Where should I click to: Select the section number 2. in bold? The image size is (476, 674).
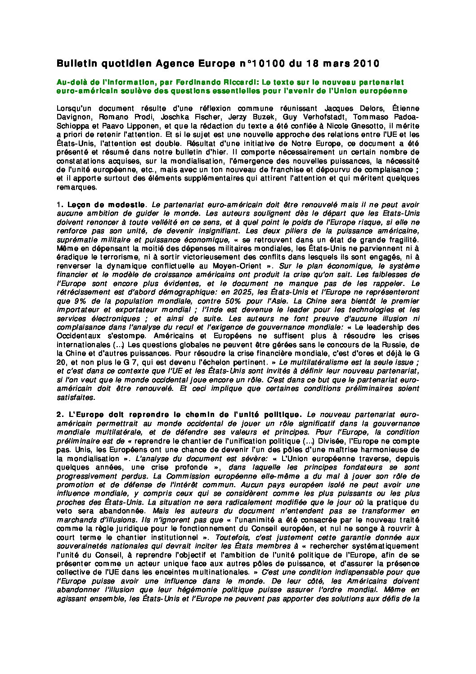[x=60, y=415]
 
